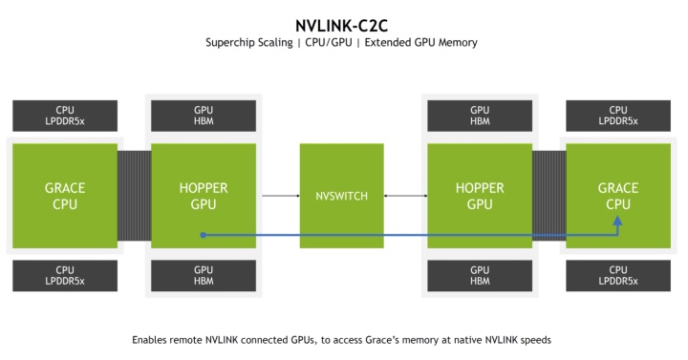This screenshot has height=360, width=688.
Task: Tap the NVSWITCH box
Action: pos(341,196)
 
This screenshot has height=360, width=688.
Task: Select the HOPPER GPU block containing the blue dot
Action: pos(203,196)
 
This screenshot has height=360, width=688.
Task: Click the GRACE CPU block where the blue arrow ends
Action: pos(617,196)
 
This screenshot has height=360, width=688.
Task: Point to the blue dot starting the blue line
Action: pos(204,233)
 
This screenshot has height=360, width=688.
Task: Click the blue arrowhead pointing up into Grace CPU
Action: pos(617,222)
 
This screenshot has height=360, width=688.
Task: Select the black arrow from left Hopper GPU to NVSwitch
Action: pos(280,196)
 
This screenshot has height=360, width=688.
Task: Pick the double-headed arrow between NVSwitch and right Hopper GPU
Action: pos(404,196)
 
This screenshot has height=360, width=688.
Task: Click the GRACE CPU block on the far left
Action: pos(65,196)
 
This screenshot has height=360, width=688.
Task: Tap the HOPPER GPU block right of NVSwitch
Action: pos(479,196)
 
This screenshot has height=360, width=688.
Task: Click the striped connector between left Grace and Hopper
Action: pos(134,196)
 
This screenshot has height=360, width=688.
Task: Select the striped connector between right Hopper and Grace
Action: pos(548,196)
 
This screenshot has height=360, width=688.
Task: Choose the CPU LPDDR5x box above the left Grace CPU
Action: pos(65,116)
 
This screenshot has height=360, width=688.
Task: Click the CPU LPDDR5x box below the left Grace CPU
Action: pos(65,275)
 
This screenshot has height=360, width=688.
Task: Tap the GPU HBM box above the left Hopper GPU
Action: pos(203,116)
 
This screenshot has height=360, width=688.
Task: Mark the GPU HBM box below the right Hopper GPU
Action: pos(479,275)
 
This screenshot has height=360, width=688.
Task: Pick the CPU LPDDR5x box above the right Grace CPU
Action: pos(617,116)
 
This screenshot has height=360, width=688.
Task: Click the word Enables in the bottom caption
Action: pos(150,339)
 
